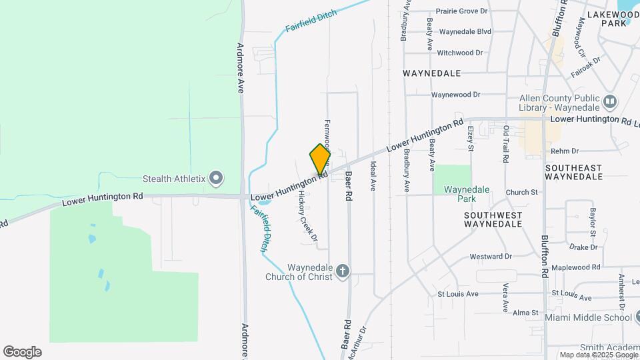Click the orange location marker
click(320, 159)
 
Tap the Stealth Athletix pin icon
click(215, 178)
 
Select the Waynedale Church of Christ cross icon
click(343, 271)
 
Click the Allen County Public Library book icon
click(610, 102)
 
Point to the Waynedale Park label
click(467, 194)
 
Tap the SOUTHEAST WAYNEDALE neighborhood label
click(573, 172)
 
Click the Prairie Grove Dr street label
click(461, 11)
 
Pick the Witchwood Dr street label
click(459, 53)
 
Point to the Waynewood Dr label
click(455, 95)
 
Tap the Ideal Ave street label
click(373, 177)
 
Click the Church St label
click(521, 193)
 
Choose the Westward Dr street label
click(490, 256)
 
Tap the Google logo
click(22, 352)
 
